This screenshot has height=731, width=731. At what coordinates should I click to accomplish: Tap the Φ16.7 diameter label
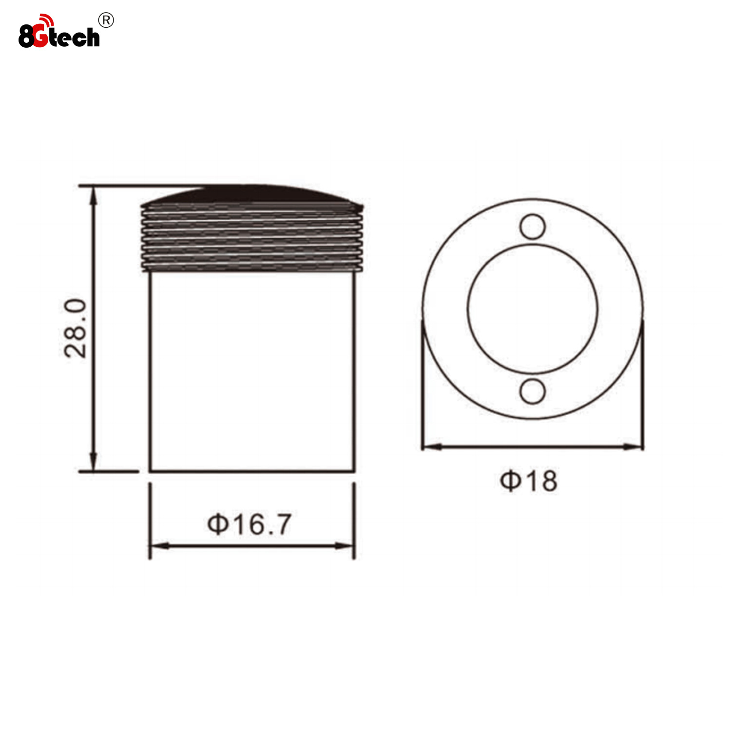pos(249,524)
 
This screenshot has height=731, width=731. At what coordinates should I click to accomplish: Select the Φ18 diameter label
pos(529,481)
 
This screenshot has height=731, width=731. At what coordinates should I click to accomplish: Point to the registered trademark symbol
pos(106,20)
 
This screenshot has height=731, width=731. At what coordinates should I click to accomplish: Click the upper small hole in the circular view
pos(532,227)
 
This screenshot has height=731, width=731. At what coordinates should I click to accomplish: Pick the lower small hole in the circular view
pos(532,391)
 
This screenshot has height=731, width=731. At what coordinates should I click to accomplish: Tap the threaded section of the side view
pos(252,238)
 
